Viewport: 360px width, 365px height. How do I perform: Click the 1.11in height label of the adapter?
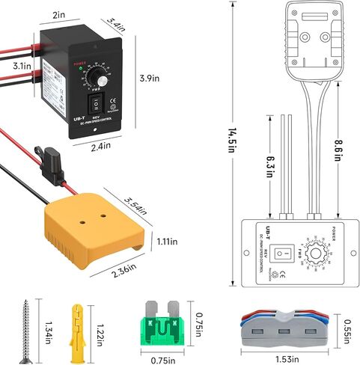[x=166, y=241]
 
